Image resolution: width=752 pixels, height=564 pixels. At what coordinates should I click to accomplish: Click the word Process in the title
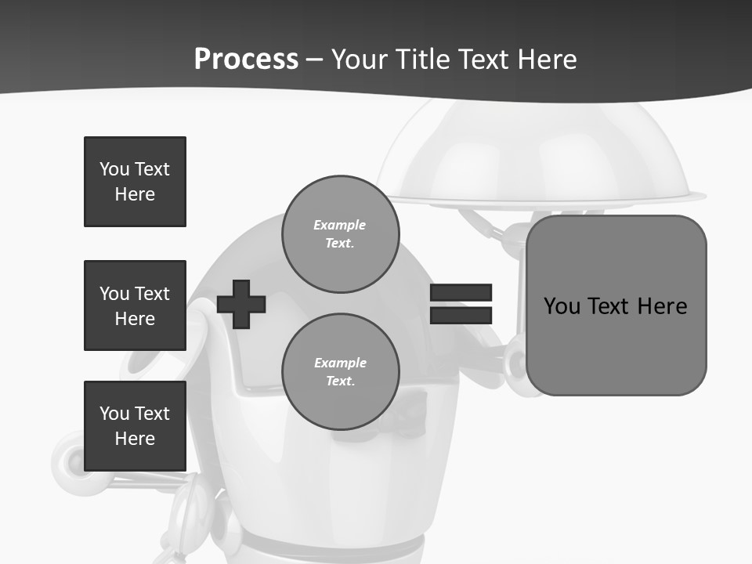point(246,60)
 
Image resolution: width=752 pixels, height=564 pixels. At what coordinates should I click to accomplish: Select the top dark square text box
point(135,182)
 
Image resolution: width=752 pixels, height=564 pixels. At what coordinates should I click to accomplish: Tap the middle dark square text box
point(135,305)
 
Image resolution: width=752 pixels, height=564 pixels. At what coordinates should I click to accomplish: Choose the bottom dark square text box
point(135,426)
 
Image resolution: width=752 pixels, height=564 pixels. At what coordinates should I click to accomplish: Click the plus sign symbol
point(241,304)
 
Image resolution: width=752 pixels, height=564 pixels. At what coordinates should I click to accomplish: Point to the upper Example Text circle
point(341,234)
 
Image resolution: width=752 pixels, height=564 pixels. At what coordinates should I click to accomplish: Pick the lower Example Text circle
point(341,372)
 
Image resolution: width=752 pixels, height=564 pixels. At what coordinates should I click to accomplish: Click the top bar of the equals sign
point(461,292)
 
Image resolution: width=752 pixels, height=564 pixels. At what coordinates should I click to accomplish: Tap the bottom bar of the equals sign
point(461,315)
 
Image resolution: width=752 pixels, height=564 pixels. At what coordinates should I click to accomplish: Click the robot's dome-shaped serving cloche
point(540,157)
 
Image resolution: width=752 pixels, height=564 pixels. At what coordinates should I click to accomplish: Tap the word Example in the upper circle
point(340,225)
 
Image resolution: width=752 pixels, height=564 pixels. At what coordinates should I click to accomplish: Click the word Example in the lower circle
point(340,363)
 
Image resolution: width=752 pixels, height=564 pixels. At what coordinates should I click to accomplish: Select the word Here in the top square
point(135,194)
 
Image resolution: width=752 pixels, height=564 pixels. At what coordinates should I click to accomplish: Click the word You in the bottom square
point(114,414)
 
